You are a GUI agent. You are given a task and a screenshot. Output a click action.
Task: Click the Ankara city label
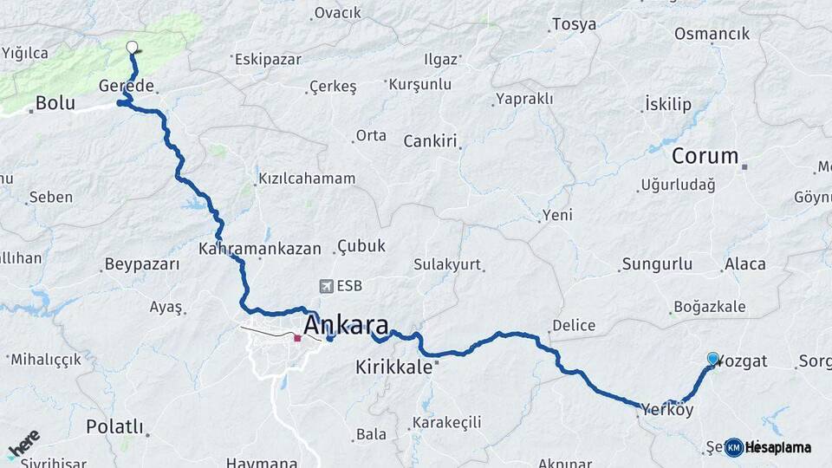[346, 325]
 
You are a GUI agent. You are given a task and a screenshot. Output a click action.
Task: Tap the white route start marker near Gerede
[132, 48]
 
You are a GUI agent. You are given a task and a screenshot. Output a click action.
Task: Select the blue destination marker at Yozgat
[712, 359]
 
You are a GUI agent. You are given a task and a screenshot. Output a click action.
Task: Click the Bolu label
[55, 105]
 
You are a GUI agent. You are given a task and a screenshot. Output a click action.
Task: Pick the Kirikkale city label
[393, 367]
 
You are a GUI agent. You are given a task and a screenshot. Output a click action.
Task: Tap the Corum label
[705, 157]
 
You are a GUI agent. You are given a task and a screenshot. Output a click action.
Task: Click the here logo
[23, 444]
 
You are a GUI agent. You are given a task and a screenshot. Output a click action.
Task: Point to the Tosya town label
[574, 24]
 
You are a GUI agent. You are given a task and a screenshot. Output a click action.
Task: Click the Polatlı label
[114, 426]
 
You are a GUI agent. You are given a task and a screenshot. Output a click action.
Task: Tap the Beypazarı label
[141, 264]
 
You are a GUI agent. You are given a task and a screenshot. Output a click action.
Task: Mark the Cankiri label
[430, 141]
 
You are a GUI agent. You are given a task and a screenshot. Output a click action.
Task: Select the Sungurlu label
[657, 263]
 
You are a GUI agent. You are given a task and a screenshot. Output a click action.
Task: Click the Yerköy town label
[668, 408]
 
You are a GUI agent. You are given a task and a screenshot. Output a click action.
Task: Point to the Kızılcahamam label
[307, 179]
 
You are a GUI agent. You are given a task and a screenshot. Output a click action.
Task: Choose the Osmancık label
[712, 34]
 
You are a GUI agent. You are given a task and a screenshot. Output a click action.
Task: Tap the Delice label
[574, 326]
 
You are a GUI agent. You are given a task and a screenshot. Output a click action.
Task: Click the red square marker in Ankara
[297, 338]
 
